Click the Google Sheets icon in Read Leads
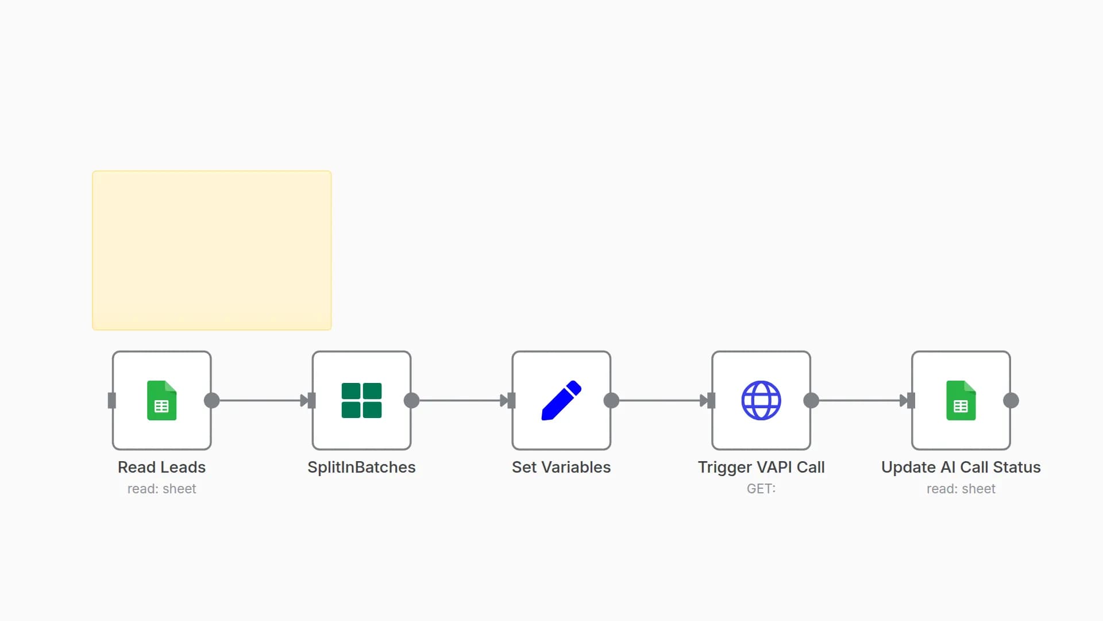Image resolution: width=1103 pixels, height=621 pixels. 161,401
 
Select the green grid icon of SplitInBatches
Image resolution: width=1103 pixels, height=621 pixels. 361,401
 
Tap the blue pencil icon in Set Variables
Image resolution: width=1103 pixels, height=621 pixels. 561,401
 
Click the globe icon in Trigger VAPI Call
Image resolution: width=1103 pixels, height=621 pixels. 761,401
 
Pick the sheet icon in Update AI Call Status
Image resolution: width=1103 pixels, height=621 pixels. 961,401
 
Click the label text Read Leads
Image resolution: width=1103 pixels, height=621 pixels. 161,467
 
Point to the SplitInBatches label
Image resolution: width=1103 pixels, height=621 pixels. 361,467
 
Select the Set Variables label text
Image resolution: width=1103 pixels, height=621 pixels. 561,467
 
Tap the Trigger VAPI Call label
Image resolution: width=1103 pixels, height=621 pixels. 761,467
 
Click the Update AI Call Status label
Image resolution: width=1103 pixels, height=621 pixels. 961,467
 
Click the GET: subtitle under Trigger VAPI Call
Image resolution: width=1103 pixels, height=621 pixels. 761,489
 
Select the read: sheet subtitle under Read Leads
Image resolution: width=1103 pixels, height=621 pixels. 161,489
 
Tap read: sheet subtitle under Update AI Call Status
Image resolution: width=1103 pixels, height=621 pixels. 961,489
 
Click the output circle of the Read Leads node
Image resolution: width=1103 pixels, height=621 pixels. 212,401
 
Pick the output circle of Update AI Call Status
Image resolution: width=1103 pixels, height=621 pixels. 1011,401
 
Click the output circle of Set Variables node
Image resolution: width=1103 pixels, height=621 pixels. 611,401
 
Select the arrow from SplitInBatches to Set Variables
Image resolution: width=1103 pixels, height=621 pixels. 460,401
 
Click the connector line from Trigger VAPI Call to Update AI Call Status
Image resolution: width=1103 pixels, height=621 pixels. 859,401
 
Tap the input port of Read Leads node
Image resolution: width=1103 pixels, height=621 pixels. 112,401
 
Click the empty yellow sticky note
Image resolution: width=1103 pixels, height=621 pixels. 211,250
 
